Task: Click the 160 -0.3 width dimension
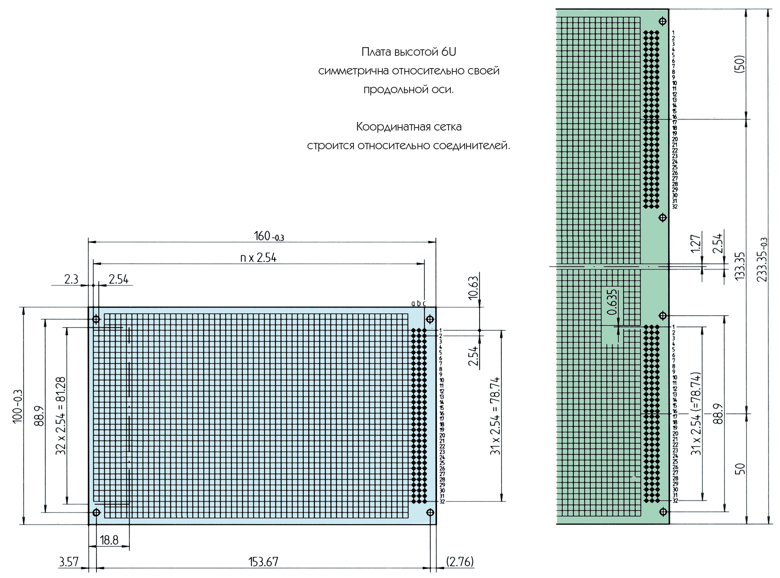tap(269, 236)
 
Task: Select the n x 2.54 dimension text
tap(258, 258)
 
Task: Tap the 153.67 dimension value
tap(263, 562)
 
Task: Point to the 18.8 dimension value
tap(109, 540)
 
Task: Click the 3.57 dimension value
tap(69, 562)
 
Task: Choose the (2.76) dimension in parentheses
tap(460, 562)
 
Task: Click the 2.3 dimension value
tap(71, 279)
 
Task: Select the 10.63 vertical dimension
tap(473, 288)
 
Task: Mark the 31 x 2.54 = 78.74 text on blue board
tap(495, 416)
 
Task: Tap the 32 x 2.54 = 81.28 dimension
tap(61, 416)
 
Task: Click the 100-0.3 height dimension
tap(18, 406)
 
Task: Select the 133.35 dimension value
tap(740, 266)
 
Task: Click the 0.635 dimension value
tap(612, 302)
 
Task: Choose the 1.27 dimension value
tap(695, 244)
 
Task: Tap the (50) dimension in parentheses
tap(740, 64)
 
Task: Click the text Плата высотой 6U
tap(409, 52)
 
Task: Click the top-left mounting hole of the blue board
tap(96, 319)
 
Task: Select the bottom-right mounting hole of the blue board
tap(430, 512)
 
